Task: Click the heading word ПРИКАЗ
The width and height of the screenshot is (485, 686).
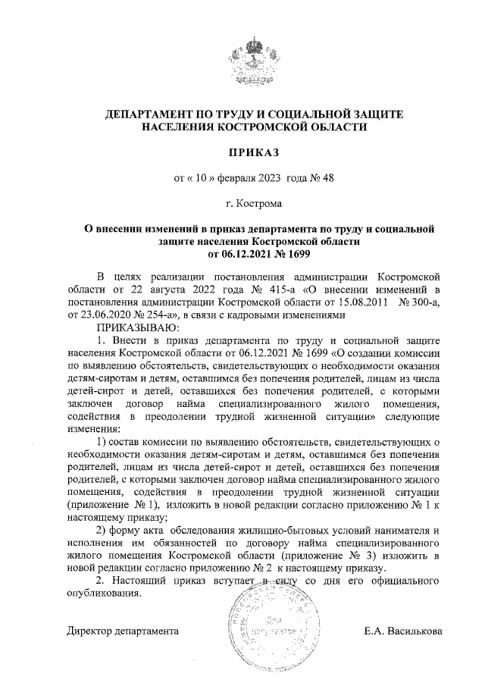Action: [243, 153]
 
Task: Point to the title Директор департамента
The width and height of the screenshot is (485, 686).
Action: [122, 631]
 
